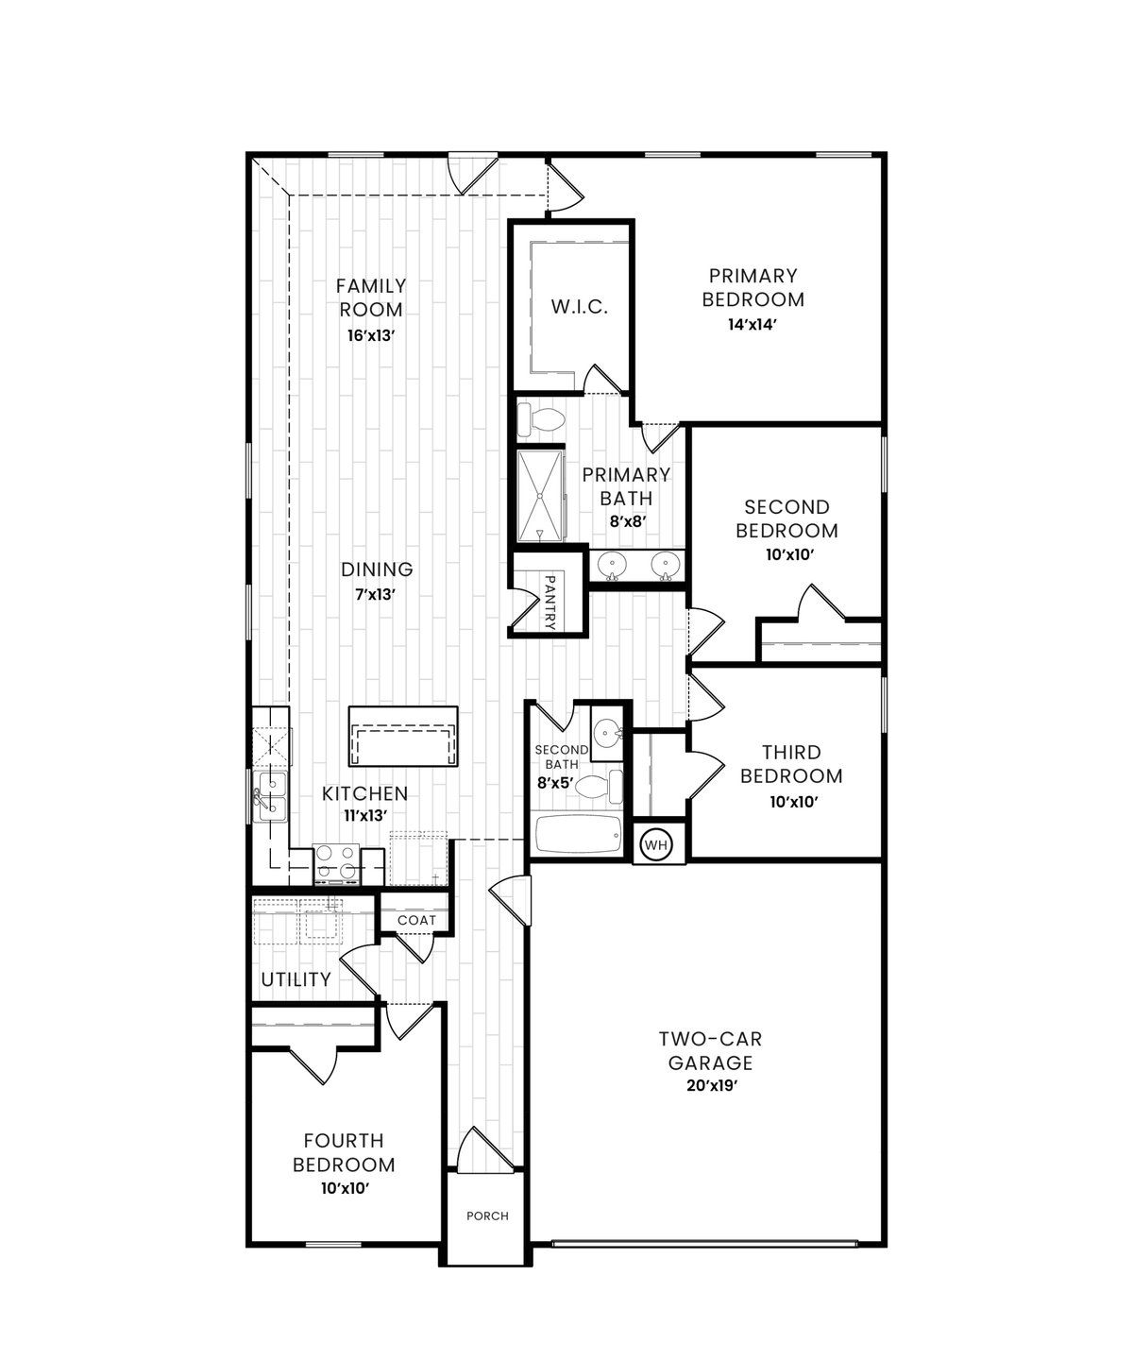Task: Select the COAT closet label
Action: click(416, 920)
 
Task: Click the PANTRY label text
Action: click(550, 603)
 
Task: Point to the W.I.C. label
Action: click(580, 307)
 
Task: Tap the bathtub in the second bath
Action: click(576, 835)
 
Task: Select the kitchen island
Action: click(404, 736)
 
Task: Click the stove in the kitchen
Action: click(337, 863)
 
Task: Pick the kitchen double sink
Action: click(270, 796)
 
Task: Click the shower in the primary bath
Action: click(540, 496)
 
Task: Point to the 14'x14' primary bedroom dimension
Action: click(753, 324)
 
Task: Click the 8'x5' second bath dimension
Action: click(555, 783)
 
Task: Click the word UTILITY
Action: click(296, 979)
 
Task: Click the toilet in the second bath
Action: click(600, 787)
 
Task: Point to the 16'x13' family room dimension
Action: click(371, 335)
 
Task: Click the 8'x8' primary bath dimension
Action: click(626, 521)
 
